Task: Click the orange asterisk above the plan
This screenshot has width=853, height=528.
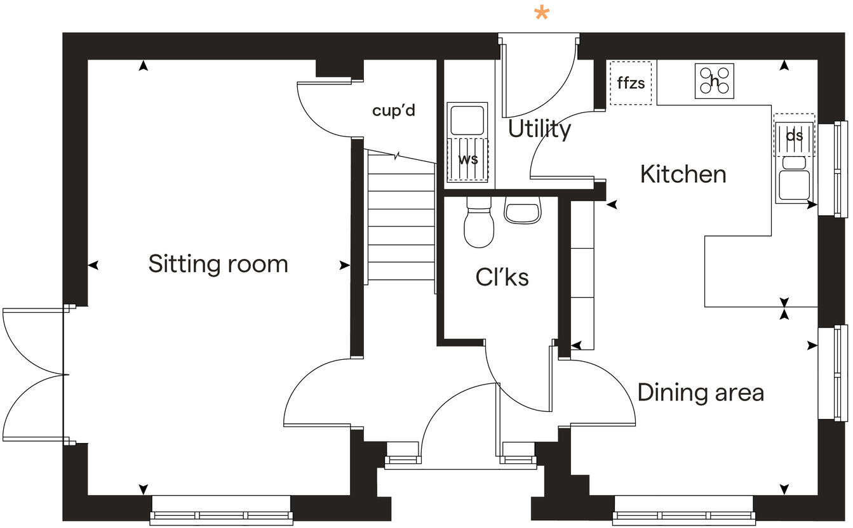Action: pyautogui.click(x=541, y=13)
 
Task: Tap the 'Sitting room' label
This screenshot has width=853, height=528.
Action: pyautogui.click(x=218, y=263)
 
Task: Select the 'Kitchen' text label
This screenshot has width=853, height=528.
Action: pyautogui.click(x=683, y=174)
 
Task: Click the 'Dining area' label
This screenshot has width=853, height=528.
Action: pyautogui.click(x=700, y=392)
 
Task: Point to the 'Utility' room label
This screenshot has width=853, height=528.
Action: pyautogui.click(x=539, y=129)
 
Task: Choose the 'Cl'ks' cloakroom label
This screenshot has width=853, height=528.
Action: pyautogui.click(x=502, y=277)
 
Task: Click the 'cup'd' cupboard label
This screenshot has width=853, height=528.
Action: pyautogui.click(x=393, y=110)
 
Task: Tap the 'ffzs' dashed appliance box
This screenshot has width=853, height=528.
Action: pyautogui.click(x=631, y=83)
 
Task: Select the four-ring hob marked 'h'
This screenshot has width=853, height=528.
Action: pyautogui.click(x=714, y=81)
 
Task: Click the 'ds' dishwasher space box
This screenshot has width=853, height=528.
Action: pyautogui.click(x=794, y=135)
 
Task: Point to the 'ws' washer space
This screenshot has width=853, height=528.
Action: pyautogui.click(x=468, y=159)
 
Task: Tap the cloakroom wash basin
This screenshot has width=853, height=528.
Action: pyautogui.click(x=522, y=210)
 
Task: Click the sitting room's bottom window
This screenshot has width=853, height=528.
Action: pyautogui.click(x=221, y=510)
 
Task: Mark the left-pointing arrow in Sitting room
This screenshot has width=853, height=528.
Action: pyautogui.click(x=93, y=265)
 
